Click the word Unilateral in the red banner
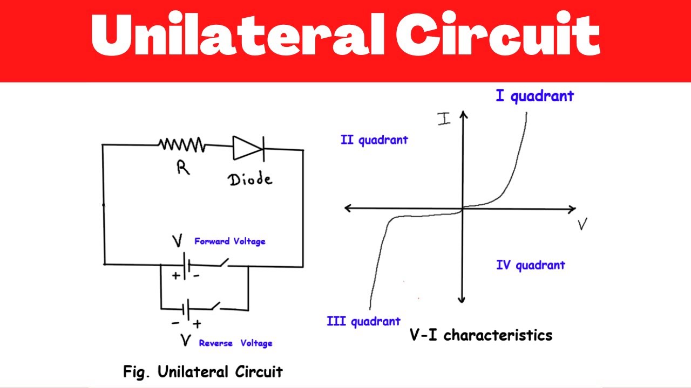(238, 36)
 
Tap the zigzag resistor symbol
(181, 144)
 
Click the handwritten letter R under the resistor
(182, 169)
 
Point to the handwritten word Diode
(250, 179)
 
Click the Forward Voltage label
(230, 241)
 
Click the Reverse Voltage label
(235, 343)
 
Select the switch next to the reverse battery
(215, 307)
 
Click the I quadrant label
(534, 96)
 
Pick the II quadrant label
(374, 140)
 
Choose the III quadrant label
(363, 322)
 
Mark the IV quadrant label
(530, 265)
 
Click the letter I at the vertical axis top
(444, 119)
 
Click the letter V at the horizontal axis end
(582, 224)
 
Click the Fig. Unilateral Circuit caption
(203, 372)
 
